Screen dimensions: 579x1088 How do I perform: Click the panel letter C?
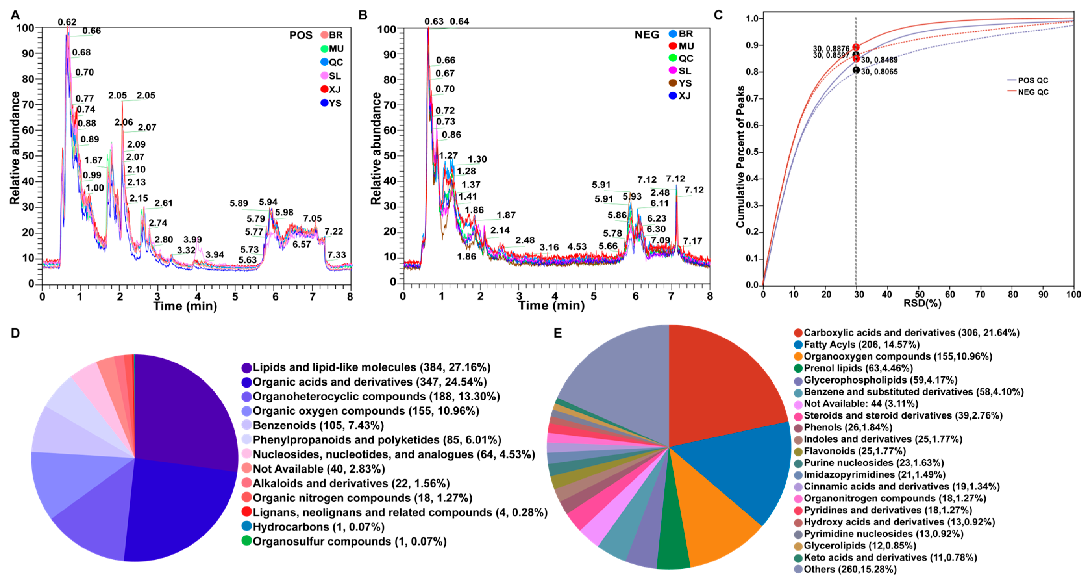coord(718,15)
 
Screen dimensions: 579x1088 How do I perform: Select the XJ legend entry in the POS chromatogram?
coord(331,90)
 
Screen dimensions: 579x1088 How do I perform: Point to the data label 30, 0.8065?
coord(879,72)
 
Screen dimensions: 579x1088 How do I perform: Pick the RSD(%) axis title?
coord(922,303)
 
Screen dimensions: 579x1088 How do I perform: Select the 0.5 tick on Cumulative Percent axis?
coord(752,152)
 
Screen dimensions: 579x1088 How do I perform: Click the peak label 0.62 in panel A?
coord(67,22)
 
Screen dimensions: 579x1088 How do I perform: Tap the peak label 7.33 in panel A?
coord(336,255)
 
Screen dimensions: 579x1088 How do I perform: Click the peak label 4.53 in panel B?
coord(576,247)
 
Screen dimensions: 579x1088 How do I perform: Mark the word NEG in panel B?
coord(647,35)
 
